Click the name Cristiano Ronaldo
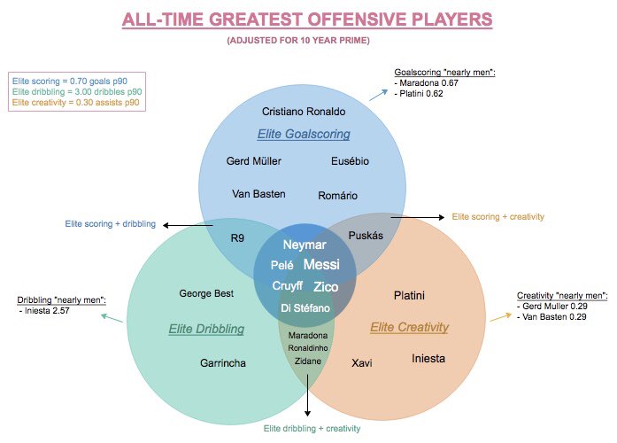click(x=304, y=112)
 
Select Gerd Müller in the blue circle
click(x=253, y=161)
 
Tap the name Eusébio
click(x=350, y=161)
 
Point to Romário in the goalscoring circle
click(x=337, y=195)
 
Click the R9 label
click(x=237, y=237)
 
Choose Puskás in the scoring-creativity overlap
click(x=366, y=236)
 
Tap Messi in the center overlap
click(x=321, y=264)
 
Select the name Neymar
click(x=305, y=245)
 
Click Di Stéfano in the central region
click(x=305, y=308)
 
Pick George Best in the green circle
click(x=206, y=293)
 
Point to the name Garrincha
click(x=223, y=363)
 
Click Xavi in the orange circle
click(x=362, y=362)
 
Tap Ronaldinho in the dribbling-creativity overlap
click(x=308, y=348)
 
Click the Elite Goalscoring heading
click(x=304, y=134)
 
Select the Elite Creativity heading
click(x=409, y=327)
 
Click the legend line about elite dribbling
click(x=77, y=92)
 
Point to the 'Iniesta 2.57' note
click(x=44, y=311)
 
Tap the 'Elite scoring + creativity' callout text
click(x=497, y=216)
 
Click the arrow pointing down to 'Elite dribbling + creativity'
click(x=308, y=395)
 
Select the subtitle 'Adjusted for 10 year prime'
click(x=298, y=40)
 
